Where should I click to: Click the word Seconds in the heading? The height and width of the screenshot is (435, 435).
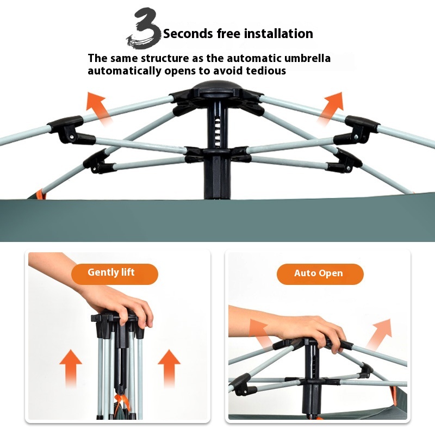[x=188, y=34]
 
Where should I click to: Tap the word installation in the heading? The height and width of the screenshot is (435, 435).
[x=278, y=34]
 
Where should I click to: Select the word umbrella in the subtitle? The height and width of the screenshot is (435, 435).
[x=307, y=58]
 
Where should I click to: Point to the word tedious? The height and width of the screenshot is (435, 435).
[x=266, y=71]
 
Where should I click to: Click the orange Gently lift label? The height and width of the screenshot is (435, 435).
[x=115, y=274]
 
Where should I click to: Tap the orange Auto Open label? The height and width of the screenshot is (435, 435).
[x=320, y=274]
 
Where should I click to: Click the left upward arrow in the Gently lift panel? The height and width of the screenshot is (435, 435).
[x=71, y=368]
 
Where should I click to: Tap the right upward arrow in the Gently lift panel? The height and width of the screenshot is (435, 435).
[x=169, y=368]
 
